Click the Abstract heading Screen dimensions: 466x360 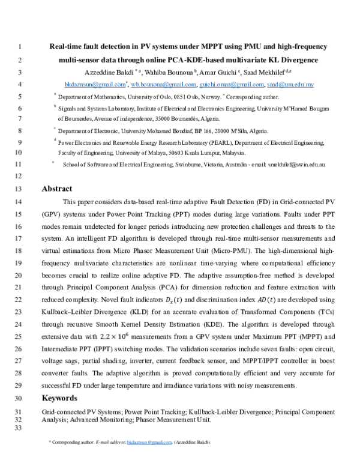(x=57, y=189)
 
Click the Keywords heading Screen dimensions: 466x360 (x=59, y=398)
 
